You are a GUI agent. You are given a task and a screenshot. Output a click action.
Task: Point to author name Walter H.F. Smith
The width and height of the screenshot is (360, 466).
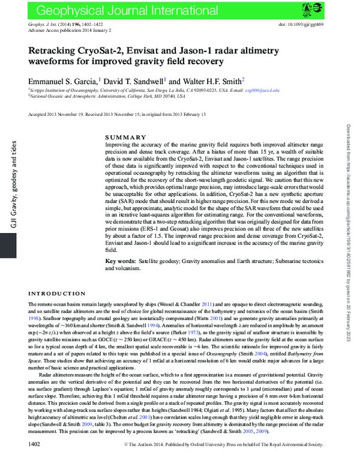214,80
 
